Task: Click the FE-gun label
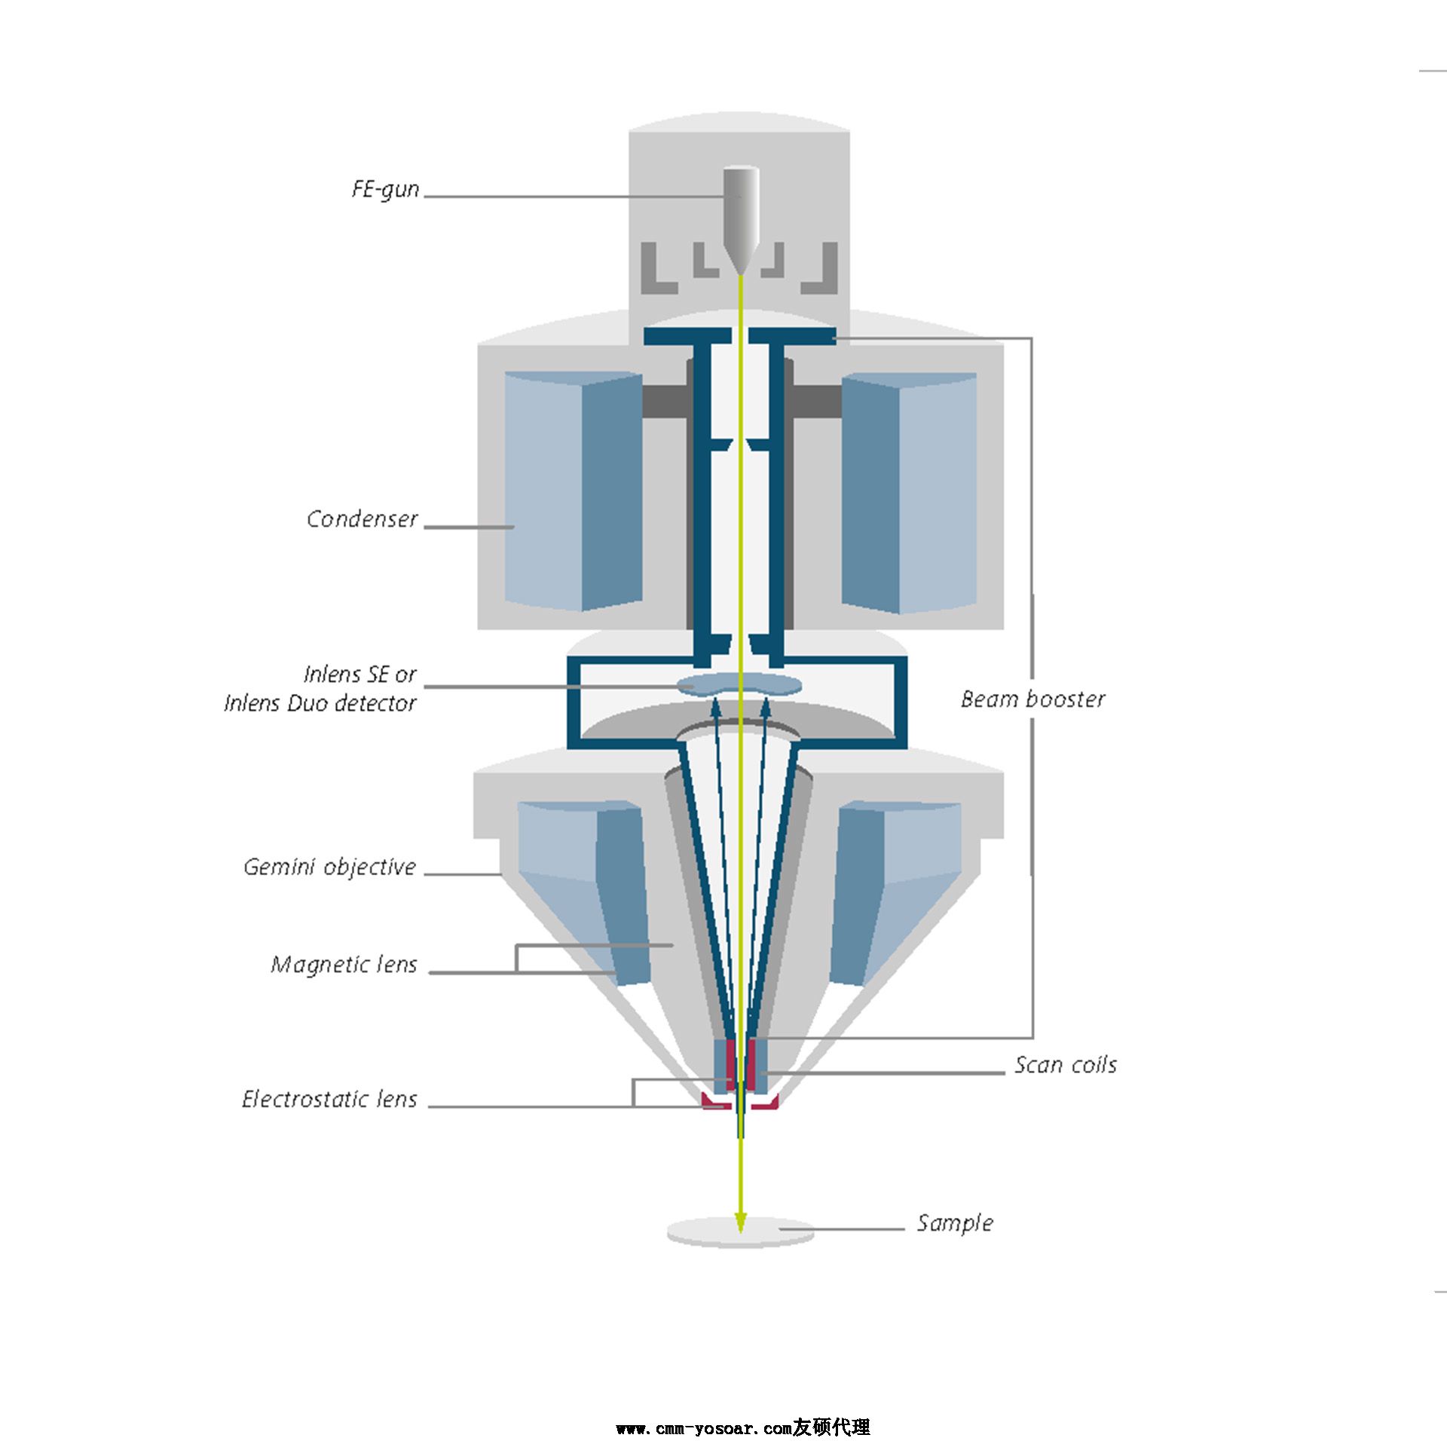pos(385,189)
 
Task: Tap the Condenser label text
pos(362,519)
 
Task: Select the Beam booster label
pos(1032,699)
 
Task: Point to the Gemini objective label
pos(329,867)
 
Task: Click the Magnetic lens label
pos(344,965)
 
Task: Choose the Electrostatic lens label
pos(329,1100)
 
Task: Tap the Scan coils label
pos(1065,1065)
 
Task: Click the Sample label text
pos(955,1222)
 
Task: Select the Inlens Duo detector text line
pos(320,703)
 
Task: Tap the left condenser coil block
pos(573,490)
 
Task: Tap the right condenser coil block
pos(909,494)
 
